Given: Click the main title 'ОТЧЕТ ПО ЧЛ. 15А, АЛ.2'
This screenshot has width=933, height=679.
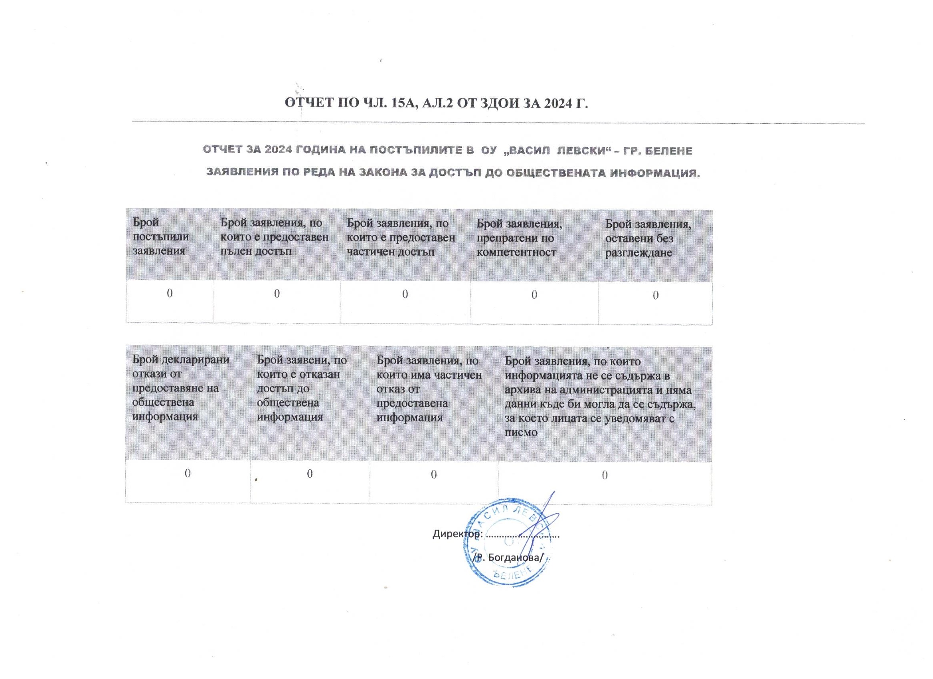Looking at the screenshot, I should pos(436,103).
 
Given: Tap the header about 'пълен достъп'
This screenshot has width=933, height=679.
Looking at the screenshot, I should pos(275,237).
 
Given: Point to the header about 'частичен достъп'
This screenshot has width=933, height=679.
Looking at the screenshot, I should pos(401,238).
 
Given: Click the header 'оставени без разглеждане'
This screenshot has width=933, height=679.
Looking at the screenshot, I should pos(648,238).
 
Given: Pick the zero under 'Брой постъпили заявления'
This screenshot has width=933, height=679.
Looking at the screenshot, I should pos(170,293).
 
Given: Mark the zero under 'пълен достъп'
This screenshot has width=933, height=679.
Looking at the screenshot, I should pos(277,294).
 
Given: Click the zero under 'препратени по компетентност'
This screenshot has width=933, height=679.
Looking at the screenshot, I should pos(534,295).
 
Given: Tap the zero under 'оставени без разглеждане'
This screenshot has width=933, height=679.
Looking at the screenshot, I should pos(656,295).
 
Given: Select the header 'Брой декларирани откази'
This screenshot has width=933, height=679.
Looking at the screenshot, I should pos(181,388).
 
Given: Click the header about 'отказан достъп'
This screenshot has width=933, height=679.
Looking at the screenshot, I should pos(302,388).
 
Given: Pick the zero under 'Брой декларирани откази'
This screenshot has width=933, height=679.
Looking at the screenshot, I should pos(187,473).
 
